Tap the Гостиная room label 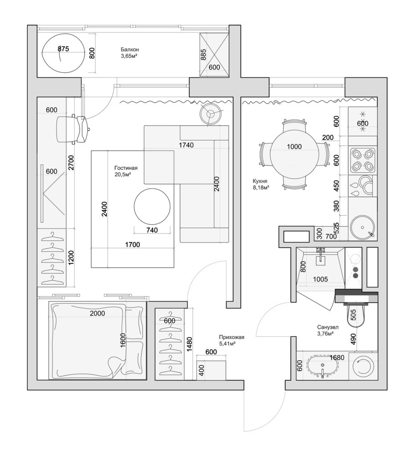tap(126, 168)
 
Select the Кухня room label tap(260, 181)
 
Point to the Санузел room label tap(328, 327)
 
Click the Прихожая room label tap(232, 337)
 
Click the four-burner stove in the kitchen tap(362, 160)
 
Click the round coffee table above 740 tap(152, 207)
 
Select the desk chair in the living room tap(72, 129)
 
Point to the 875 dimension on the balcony tap(63, 49)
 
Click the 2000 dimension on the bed tap(98, 313)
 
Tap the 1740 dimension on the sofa tap(186, 145)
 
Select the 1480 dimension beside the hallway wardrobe tap(190, 344)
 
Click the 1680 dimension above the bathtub tap(337, 358)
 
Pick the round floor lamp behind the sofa tap(210, 114)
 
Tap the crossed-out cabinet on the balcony tap(214, 55)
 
